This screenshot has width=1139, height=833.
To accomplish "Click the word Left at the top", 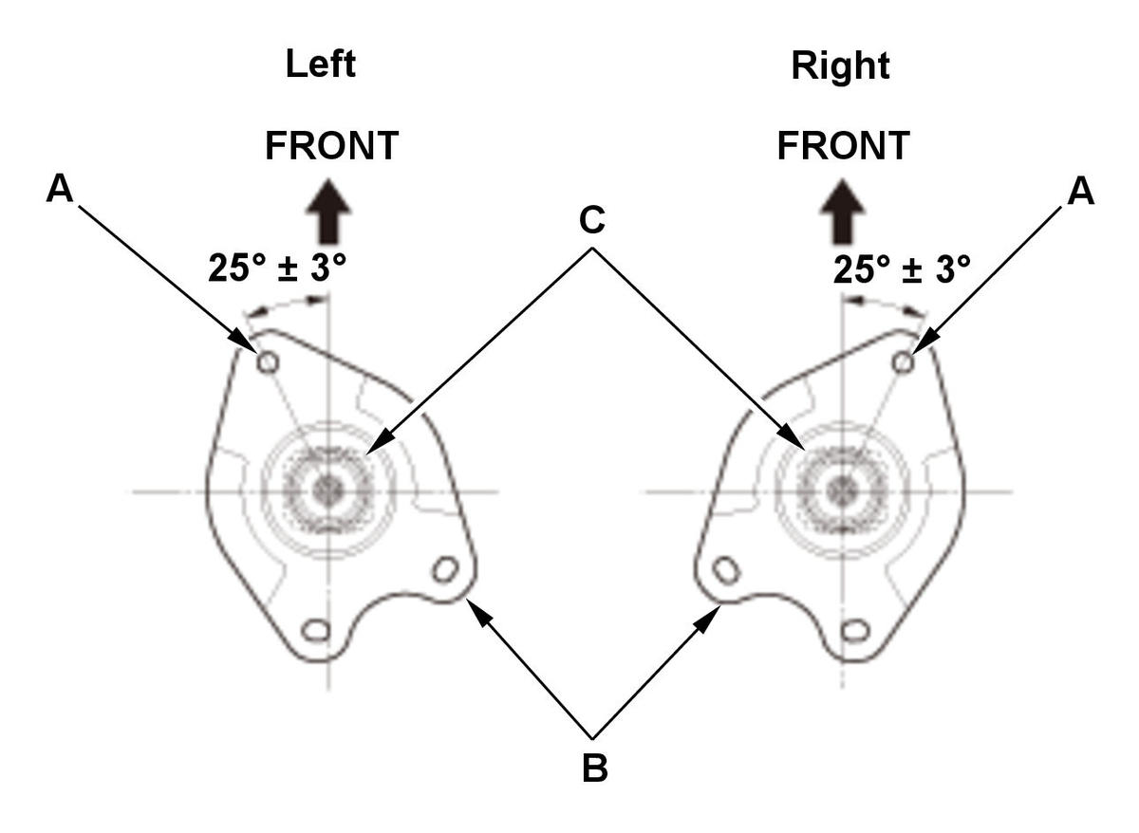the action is coord(321,64).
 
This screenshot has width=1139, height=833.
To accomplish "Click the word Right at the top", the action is coord(841,67).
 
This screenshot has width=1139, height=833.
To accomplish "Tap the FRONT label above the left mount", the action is coord(331,146).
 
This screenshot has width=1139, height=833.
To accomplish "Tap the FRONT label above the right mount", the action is coord(844,146).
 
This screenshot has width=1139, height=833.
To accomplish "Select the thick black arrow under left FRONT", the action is coord(328,211).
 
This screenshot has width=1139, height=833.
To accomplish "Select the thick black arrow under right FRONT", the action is coord(843,211).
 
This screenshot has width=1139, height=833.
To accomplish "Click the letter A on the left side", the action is coord(60,188).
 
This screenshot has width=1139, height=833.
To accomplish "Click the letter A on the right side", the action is coord(1080,191).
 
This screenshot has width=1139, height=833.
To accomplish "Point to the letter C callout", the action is coord(592,220).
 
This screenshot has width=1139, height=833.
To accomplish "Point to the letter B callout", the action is coord(594,769).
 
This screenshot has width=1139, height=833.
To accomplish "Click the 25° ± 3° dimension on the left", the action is coord(277,268).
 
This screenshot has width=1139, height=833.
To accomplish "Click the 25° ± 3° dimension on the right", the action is coord(902,268).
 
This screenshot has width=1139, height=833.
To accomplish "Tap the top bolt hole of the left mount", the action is coord(268,362).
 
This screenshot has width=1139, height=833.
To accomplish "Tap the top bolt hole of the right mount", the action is coord(903,362).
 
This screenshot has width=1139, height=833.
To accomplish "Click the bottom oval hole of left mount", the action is coord(316,631).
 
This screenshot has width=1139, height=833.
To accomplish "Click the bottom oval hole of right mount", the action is coord(855,631).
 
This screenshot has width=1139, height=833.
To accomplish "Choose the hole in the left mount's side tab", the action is coord(445,569).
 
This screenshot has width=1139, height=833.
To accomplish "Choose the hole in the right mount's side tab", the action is coord(727,569).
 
